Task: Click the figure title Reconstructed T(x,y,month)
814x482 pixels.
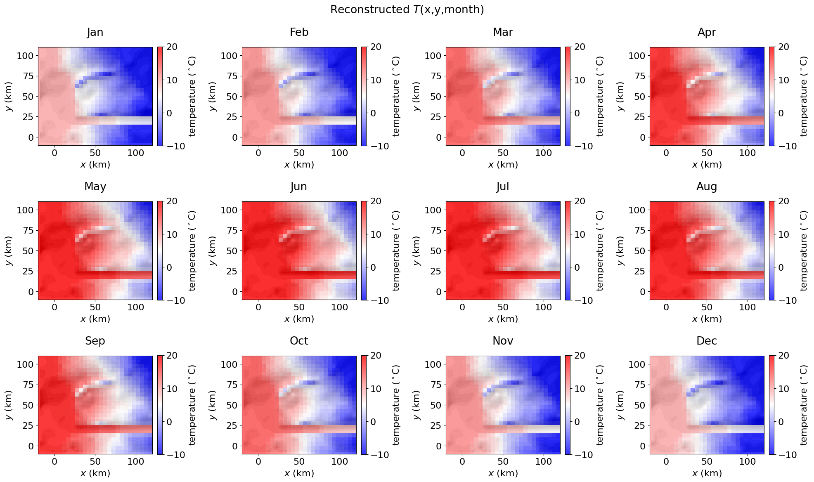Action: click(x=407, y=9)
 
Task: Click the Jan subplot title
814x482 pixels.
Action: click(x=95, y=32)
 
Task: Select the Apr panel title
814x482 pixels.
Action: click(x=707, y=32)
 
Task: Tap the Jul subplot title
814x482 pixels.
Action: click(x=503, y=187)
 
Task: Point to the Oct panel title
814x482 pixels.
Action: click(x=299, y=341)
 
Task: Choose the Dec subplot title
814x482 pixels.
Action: click(x=707, y=341)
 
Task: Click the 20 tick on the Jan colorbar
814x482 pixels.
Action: click(x=172, y=47)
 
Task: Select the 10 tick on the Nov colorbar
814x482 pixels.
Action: click(x=580, y=389)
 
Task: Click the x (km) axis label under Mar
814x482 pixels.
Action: click(x=503, y=165)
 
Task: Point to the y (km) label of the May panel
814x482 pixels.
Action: click(x=9, y=250)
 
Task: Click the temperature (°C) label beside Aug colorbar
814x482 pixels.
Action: click(x=803, y=250)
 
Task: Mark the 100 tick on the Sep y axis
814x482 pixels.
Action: click(x=25, y=364)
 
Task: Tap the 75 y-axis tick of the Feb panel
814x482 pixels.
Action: click(x=232, y=76)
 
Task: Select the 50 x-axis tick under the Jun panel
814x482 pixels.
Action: click(x=299, y=307)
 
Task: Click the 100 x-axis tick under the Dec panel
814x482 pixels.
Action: click(x=748, y=461)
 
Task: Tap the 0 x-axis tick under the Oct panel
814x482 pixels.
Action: click(x=258, y=461)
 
